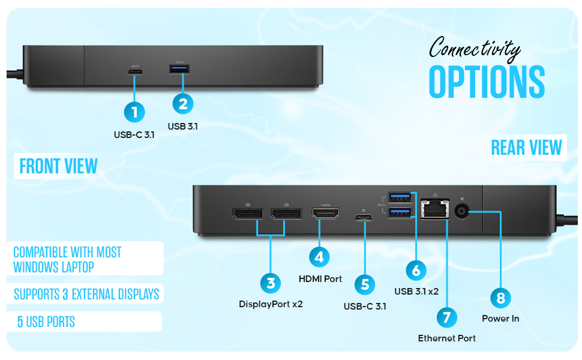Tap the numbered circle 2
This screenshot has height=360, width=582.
183,104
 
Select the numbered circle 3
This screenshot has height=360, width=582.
271,283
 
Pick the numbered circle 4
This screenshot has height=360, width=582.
320,257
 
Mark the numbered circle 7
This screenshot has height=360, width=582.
446,317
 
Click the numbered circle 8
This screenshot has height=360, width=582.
500,298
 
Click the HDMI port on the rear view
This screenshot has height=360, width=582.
325,213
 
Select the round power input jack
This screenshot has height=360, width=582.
462,211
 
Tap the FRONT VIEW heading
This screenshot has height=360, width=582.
58,166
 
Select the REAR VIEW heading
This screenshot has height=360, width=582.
526,147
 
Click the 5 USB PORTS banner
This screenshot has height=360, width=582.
46,322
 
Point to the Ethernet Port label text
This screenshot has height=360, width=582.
446,338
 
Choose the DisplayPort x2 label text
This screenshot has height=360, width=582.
271,304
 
